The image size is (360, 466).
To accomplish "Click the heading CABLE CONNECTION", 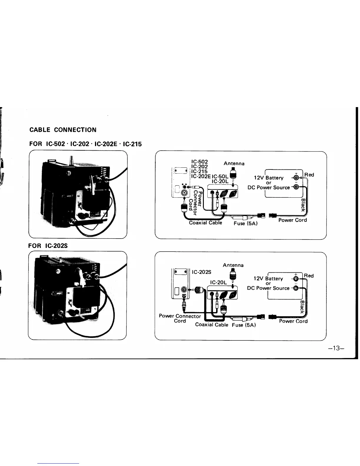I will pos(63,130).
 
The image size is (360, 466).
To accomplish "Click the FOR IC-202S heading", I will pos(49,246).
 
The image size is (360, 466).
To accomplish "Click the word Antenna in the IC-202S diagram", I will pos(233,265).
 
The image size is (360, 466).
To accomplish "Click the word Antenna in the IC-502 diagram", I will pos(234,163).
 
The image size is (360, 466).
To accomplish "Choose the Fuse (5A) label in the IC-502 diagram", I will pos(246,224).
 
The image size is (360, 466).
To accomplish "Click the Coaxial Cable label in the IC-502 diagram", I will pos(205,223).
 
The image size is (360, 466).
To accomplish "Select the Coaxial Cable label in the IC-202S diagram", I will pos(211,325).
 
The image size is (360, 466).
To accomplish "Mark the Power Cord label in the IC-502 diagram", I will pos(292,220).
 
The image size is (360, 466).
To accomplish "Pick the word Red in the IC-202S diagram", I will pos(309,276).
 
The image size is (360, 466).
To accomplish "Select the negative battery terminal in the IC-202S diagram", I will pos(296,288).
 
